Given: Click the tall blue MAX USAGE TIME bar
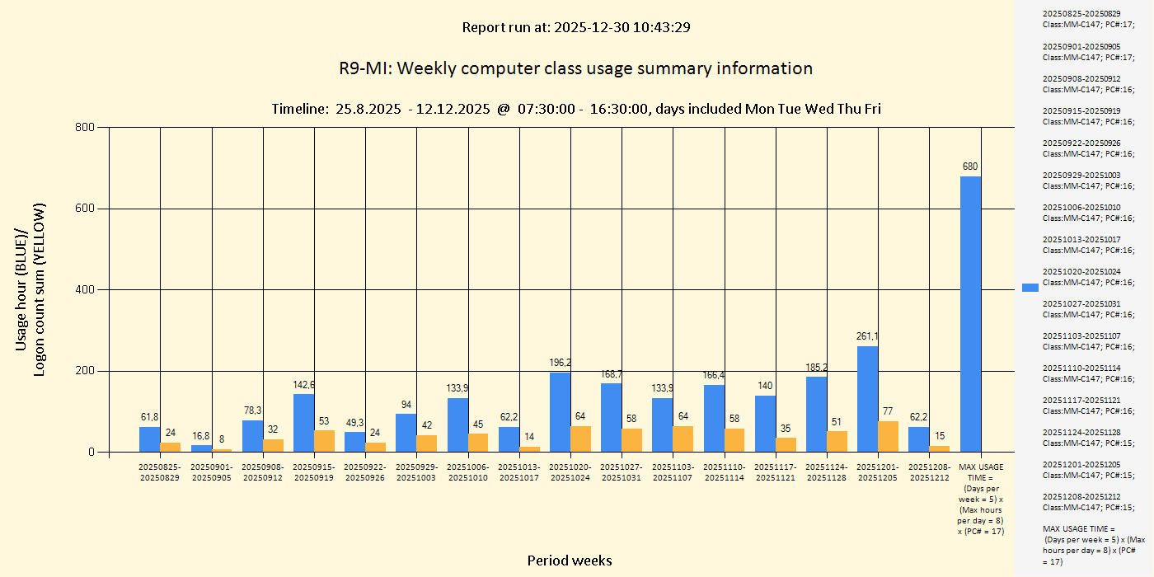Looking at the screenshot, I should [970, 314].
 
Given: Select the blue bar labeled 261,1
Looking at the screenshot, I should [867, 399].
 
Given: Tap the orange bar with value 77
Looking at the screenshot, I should [889, 437].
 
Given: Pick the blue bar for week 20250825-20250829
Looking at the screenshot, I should [149, 439].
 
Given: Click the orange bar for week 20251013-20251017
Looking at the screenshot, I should [530, 449].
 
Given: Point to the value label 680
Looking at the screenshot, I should [970, 167].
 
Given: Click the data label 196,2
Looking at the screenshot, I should [561, 363].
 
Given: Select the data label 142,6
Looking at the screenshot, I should [304, 384].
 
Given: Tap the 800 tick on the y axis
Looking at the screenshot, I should [85, 127].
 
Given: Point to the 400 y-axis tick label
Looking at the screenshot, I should [85, 289].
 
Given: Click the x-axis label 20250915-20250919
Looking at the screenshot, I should [314, 472].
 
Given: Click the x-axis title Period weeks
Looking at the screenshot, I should [570, 561].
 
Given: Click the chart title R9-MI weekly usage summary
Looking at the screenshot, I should [575, 68].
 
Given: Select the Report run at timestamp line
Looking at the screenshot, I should [575, 27].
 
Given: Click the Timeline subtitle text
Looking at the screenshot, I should [575, 109].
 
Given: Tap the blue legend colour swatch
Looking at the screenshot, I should [1030, 287].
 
